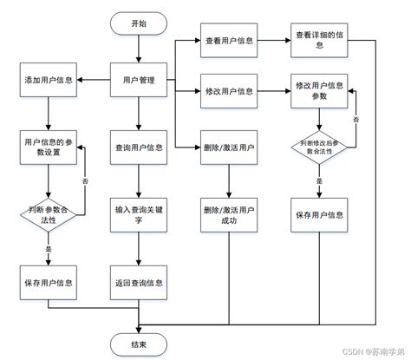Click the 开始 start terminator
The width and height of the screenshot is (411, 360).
139,23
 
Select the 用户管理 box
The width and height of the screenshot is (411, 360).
139,81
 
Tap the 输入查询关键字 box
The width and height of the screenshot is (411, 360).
139,214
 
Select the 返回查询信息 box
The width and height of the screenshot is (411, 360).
139,283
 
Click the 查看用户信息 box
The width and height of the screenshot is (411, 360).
229,41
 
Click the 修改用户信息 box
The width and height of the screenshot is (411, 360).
229,90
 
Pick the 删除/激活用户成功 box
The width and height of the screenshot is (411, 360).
229,214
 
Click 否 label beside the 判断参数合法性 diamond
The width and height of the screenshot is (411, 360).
85,181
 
